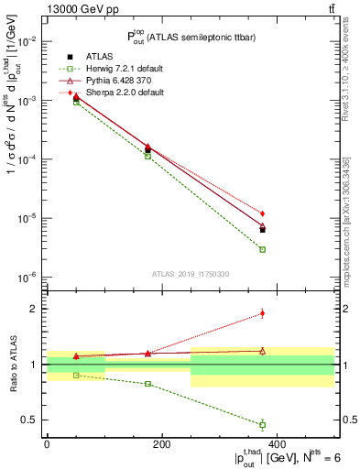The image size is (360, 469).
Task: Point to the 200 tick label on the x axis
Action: [162, 443]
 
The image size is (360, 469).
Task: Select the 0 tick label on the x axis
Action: [47, 443]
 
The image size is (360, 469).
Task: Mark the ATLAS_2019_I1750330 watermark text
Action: [190, 273]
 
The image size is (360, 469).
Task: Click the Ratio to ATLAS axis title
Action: [12, 364]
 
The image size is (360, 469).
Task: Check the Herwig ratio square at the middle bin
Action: [147, 384]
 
